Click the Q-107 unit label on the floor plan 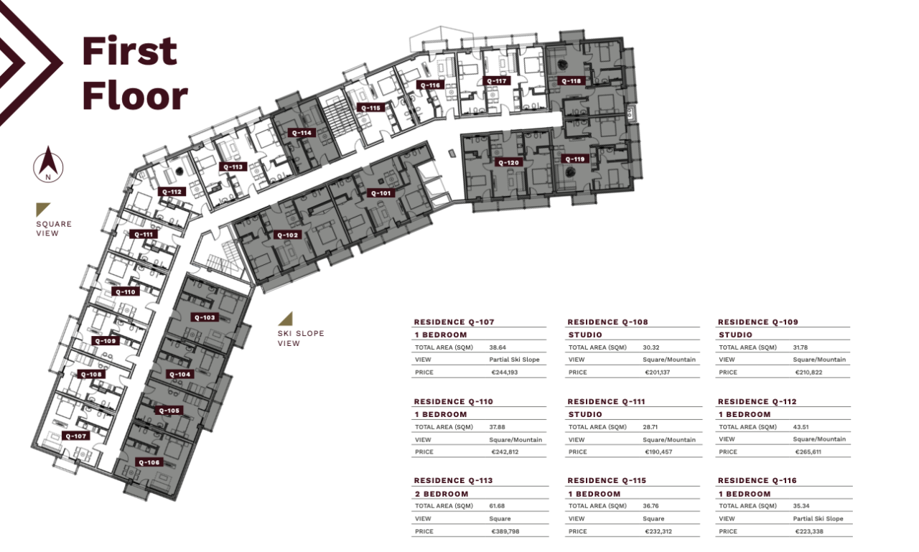[75, 436]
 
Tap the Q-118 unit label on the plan [571, 81]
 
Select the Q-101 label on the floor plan [381, 193]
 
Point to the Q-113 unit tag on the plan [233, 167]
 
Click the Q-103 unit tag [204, 317]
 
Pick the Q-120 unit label [508, 163]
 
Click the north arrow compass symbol [48, 165]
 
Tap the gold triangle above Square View [43, 209]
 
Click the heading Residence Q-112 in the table [757, 402]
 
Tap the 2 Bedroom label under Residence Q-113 [441, 494]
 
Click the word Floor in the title [135, 95]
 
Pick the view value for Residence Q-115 [653, 518]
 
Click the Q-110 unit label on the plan [125, 292]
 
